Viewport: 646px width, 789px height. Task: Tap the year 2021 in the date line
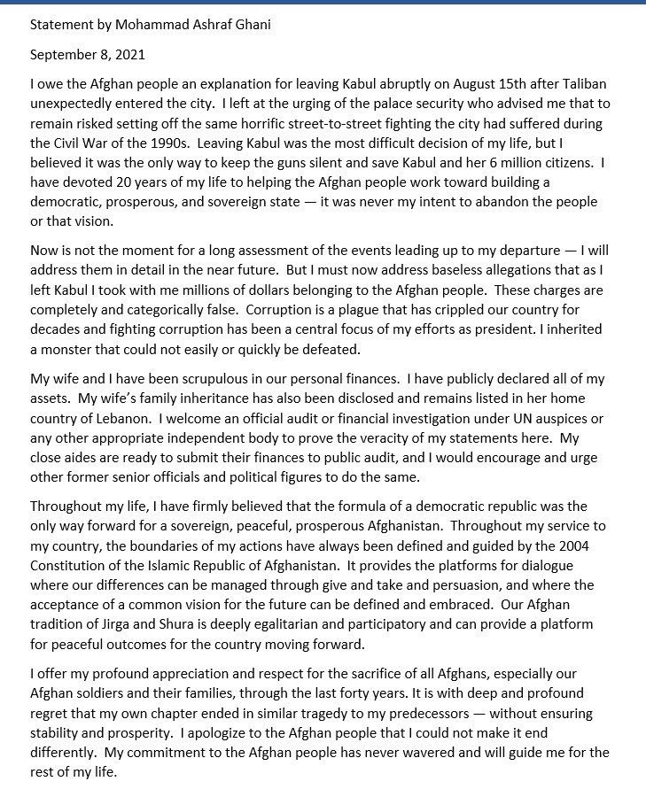(128, 55)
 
